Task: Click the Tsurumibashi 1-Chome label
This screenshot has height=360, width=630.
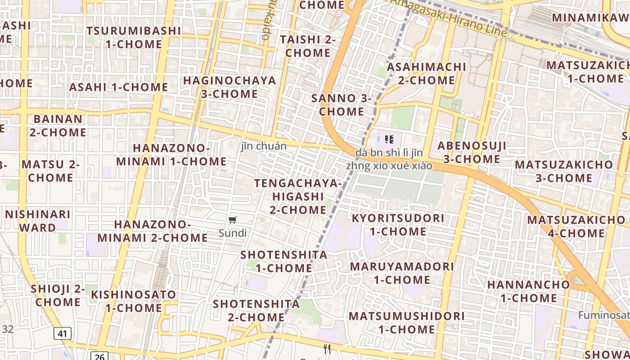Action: tap(134, 37)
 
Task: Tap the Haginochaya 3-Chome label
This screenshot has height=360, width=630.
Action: tap(229, 87)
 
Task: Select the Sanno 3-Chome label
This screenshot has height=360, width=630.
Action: tap(342, 105)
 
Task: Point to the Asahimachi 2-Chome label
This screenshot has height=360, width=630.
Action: tap(427, 73)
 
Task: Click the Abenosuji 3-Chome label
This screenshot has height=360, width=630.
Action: tap(472, 152)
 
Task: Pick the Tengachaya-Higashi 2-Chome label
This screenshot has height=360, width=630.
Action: tap(298, 196)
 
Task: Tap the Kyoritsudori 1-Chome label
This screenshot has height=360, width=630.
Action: tap(398, 225)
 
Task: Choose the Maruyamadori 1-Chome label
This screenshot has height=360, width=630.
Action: tap(402, 273)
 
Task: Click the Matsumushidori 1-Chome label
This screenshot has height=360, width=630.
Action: tap(406, 322)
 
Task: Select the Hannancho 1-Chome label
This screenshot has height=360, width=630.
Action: tap(528, 291)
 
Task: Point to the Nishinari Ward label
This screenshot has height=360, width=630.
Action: tap(37, 220)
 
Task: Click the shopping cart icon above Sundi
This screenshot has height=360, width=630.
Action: tap(233, 220)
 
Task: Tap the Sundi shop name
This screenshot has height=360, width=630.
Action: tap(233, 233)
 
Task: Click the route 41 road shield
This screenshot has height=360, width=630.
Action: tap(63, 333)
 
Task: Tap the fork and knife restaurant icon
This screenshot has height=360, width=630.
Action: tap(327, 349)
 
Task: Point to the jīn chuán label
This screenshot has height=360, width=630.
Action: tap(263, 146)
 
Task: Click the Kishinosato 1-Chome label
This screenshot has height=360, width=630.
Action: tap(134, 301)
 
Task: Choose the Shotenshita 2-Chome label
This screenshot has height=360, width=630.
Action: tap(256, 310)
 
